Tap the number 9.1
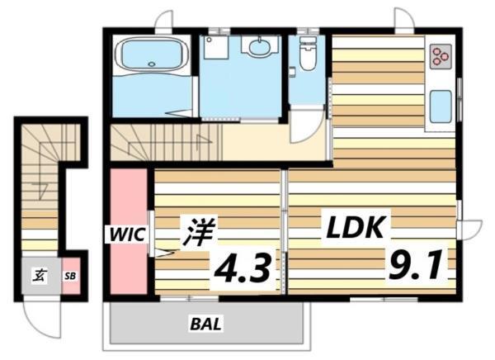(x=417, y=266)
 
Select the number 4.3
(x=243, y=268)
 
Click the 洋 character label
(x=194, y=232)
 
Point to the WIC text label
(x=124, y=234)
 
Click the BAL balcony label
(x=206, y=324)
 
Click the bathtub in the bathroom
(x=150, y=57)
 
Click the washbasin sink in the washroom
(x=260, y=48)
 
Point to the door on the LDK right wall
(x=471, y=228)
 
